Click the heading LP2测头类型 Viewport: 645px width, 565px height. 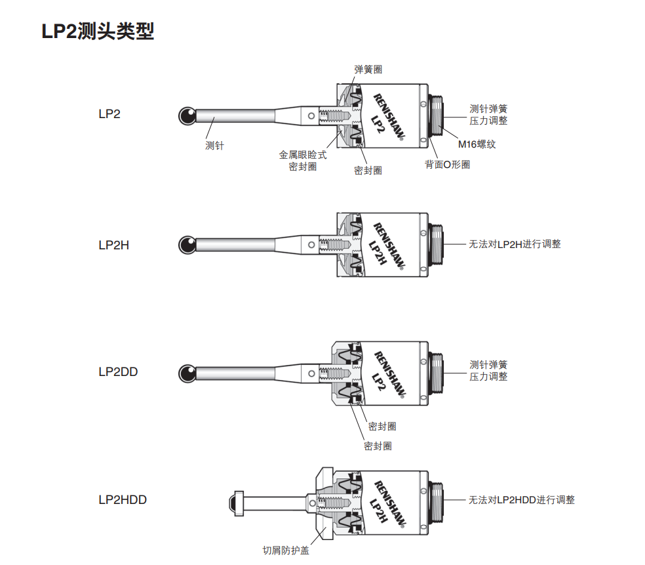coord(98,31)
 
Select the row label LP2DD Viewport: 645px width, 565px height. coord(118,371)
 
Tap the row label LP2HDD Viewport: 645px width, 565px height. coord(123,500)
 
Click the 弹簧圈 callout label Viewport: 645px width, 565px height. coord(368,70)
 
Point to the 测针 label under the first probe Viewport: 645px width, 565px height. coord(214,146)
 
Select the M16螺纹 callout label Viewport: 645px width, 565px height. coord(477,144)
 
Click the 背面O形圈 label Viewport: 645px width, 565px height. coord(447,165)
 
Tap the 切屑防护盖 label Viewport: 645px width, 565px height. coord(285,551)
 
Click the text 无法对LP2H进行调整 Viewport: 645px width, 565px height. coord(515,244)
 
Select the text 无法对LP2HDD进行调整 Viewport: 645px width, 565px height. coord(521,500)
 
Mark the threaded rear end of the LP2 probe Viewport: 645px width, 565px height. coord(437,115)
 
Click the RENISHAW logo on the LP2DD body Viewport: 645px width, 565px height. coord(389,373)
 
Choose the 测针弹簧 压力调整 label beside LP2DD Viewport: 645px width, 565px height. coord(488,371)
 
